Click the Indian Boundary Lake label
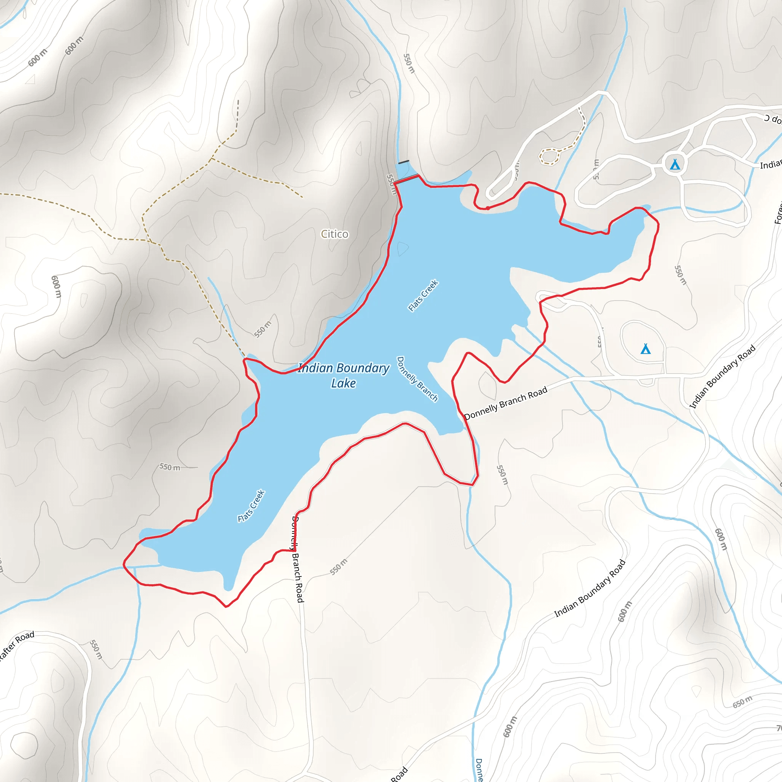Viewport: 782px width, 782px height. (344, 375)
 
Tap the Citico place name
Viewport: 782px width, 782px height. (334, 234)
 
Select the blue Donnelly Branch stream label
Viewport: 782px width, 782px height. (417, 379)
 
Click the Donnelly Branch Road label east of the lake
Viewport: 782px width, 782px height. (506, 403)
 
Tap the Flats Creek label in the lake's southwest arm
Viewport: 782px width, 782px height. (251, 506)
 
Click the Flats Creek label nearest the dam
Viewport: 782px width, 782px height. (423, 296)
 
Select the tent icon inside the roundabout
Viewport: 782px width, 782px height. (675, 164)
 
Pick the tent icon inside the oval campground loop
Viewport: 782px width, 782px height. (646, 349)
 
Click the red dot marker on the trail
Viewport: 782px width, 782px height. (488, 208)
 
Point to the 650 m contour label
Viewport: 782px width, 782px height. (742, 702)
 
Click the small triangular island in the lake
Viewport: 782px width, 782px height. (403, 248)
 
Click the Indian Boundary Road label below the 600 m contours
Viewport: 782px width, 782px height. (590, 588)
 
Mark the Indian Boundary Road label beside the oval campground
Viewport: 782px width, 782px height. (722, 376)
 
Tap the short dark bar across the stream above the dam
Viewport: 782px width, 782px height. (404, 162)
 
